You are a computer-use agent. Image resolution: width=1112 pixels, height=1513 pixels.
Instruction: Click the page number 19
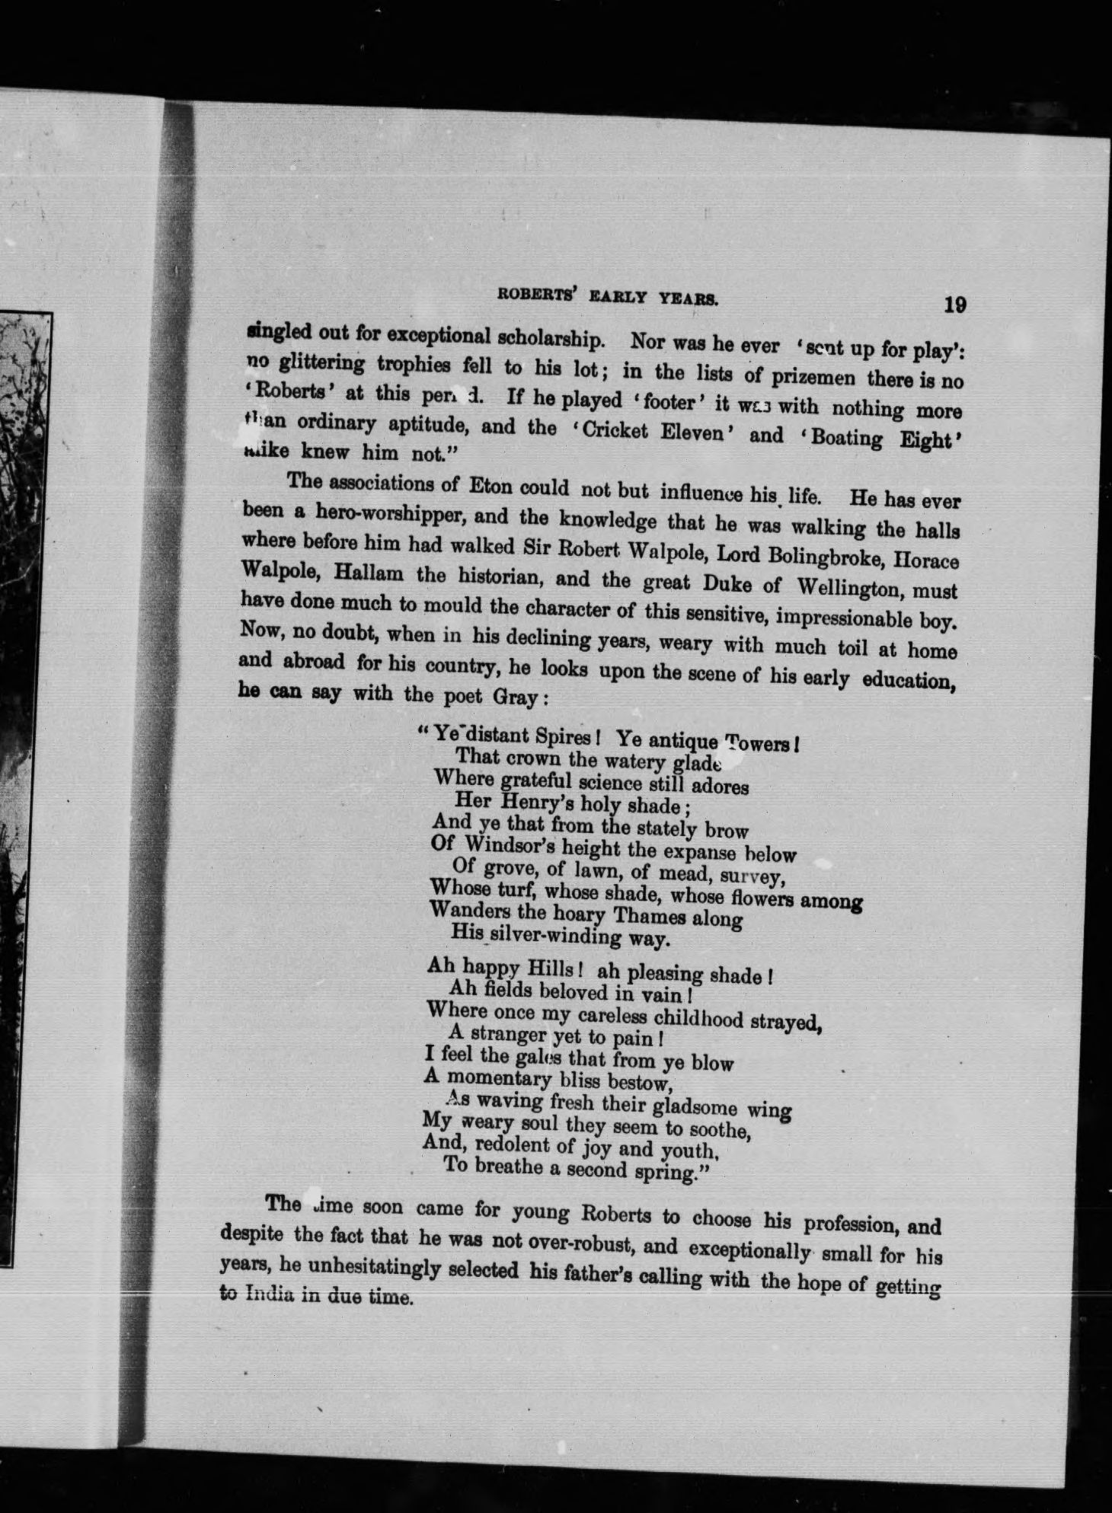coord(954,305)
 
